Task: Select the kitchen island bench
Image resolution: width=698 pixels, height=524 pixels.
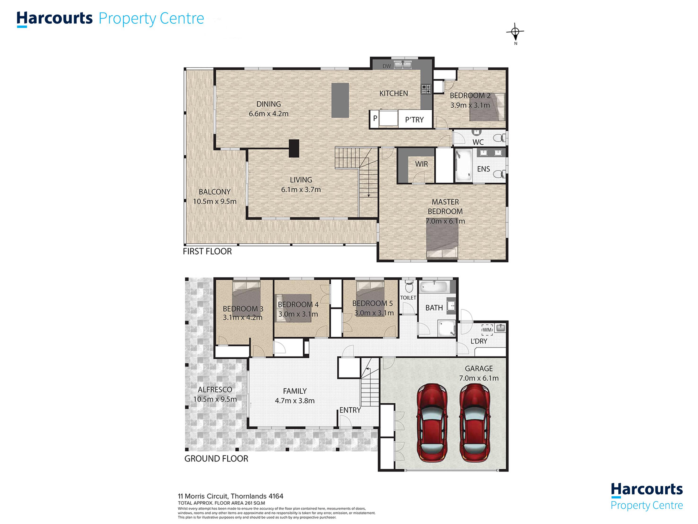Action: [340, 101]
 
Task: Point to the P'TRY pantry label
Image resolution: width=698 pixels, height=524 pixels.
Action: [414, 120]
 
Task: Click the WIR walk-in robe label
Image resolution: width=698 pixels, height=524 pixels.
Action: [422, 164]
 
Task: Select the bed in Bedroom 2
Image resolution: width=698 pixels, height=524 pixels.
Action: [487, 107]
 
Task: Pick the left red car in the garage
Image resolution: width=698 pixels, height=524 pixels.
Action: [432, 423]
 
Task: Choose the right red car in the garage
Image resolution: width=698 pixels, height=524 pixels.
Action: [475, 423]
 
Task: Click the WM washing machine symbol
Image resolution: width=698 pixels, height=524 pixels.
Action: [487, 330]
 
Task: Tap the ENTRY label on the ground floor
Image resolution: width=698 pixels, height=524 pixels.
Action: [350, 410]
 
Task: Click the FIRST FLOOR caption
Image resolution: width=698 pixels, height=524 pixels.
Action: [207, 251]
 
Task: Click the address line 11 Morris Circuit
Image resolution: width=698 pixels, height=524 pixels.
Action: [230, 496]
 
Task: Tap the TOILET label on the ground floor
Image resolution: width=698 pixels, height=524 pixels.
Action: [408, 298]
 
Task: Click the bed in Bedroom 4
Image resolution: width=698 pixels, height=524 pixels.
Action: [294, 308]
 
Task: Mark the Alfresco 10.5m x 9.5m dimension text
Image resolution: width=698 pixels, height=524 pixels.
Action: [215, 399]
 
